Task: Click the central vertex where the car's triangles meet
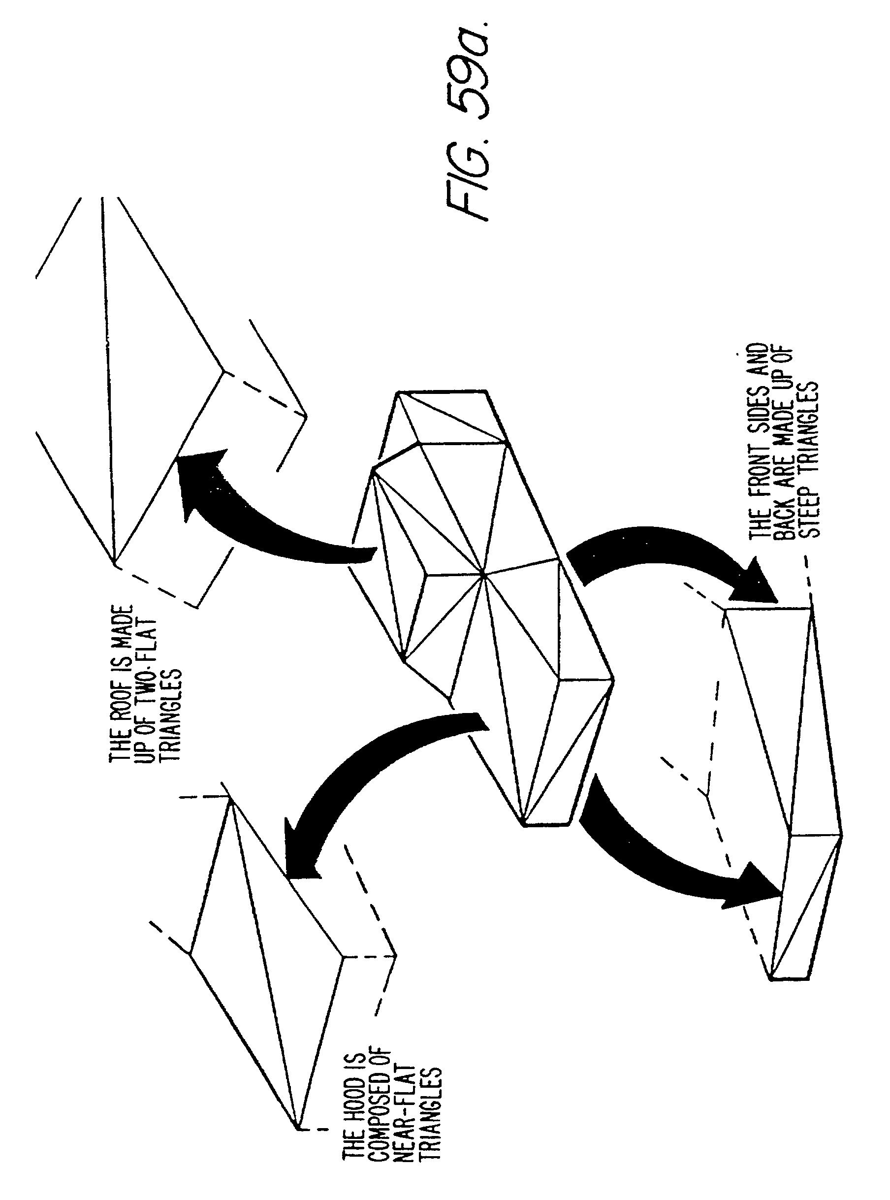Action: (x=483, y=576)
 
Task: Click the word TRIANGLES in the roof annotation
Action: (x=171, y=715)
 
